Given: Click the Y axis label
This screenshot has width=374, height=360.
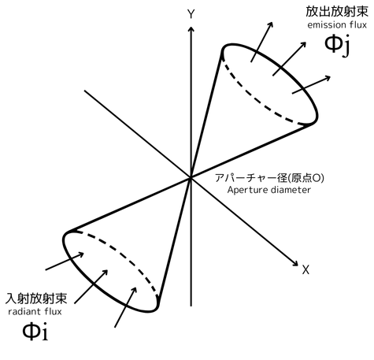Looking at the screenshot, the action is (191, 14).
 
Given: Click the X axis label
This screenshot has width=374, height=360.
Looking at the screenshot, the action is (305, 270).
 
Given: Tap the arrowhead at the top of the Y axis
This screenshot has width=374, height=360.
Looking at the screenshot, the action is (191, 29).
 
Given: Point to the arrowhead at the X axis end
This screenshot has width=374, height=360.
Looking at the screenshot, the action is (294, 263).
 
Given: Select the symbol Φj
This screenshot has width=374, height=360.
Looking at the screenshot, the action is (337, 45).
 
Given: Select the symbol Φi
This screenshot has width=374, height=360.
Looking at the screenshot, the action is (35, 331).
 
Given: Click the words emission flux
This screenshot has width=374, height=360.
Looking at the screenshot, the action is (337, 25).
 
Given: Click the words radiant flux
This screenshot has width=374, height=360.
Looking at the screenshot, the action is (35, 312).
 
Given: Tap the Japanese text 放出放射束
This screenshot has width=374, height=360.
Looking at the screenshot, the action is (337, 12).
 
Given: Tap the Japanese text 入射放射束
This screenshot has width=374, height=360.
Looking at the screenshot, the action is (36, 299).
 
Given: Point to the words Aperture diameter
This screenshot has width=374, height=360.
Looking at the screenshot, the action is (269, 190).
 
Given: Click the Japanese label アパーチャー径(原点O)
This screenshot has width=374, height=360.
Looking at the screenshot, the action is (269, 178).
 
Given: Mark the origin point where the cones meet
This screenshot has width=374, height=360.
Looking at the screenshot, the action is (191, 178).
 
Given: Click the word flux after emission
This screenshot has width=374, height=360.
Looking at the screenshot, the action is (357, 25).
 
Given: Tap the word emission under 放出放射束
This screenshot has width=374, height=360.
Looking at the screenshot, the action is (327, 25).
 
